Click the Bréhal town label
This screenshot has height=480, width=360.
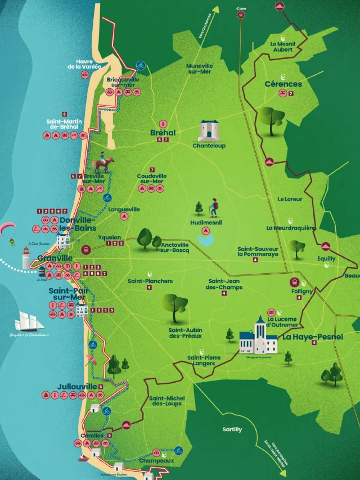(x=163, y=133)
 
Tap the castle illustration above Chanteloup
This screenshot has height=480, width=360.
(x=209, y=130)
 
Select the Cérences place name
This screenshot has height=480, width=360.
(x=283, y=84)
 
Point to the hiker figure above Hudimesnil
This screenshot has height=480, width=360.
(x=213, y=208)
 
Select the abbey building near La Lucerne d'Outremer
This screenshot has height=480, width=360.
(x=258, y=337)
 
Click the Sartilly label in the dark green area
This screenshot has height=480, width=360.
(x=232, y=429)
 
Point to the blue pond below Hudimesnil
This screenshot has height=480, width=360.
(x=206, y=240)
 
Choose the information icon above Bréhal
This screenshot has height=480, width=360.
(x=163, y=123)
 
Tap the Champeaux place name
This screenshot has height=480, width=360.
(x=156, y=460)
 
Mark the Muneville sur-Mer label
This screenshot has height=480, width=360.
(x=200, y=69)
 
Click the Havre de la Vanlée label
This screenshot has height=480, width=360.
(x=84, y=64)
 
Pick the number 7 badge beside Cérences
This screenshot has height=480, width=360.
(x=291, y=93)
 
